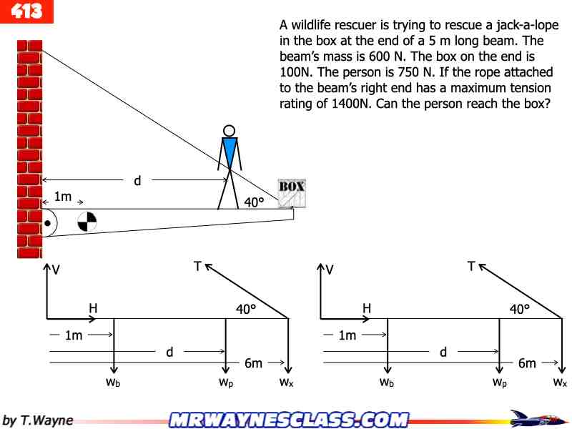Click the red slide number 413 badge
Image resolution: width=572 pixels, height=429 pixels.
tap(26, 11)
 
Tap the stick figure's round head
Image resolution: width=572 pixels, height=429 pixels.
tap(229, 131)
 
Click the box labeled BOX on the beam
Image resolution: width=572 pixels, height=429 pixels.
tap(292, 193)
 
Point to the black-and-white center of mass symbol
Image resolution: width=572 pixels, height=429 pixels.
tap(87, 222)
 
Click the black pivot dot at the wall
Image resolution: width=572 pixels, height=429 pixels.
tap(47, 223)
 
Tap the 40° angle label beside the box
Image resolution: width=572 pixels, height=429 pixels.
tap(254, 202)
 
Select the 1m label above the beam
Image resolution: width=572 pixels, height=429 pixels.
tap(63, 197)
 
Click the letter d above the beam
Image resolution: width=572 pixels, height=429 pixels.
tap(137, 180)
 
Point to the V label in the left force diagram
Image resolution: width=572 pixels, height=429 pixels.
tap(56, 270)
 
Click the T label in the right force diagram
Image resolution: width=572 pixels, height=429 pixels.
tap(471, 266)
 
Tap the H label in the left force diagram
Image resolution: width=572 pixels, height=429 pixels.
tap(93, 308)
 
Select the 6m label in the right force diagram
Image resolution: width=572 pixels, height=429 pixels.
tap(527, 363)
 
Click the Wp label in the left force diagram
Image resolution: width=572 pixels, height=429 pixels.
tap(226, 383)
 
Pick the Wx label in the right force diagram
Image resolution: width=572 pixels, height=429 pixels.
tap(560, 383)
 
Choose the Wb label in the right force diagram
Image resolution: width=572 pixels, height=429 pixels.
tap(387, 383)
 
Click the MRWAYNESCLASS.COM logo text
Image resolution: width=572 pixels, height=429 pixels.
tap(289, 420)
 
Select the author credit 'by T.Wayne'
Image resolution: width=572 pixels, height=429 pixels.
tap(38, 420)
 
